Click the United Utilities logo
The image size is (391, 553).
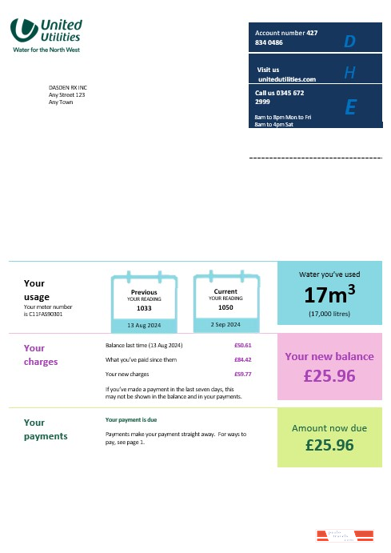[x=46, y=30]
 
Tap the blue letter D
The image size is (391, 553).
[x=349, y=42]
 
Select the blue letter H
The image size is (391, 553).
[x=349, y=74]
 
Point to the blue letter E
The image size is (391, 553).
[x=349, y=107]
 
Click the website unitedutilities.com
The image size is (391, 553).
[x=287, y=79]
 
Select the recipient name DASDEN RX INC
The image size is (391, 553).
[x=68, y=87]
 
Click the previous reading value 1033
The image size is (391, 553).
[x=144, y=308]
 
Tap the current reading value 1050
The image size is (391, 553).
[x=225, y=307]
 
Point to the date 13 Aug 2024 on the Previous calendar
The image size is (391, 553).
[x=144, y=325]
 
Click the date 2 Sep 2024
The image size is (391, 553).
[x=225, y=325]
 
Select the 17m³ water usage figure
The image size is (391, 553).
[x=329, y=294]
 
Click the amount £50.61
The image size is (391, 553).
[x=242, y=345]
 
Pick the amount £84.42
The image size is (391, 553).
[x=242, y=359]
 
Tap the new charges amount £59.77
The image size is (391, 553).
[x=242, y=374]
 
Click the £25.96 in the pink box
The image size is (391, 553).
[x=329, y=375]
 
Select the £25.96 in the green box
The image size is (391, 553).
[x=329, y=446]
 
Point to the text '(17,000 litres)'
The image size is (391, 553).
[x=329, y=314]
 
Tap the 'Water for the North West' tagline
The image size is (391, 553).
[x=46, y=50]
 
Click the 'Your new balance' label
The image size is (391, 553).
[x=329, y=357]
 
